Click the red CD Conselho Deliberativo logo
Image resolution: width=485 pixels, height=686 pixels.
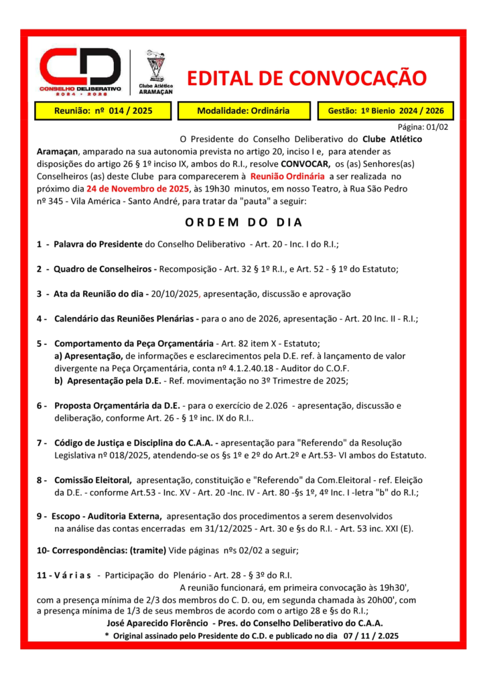pos(80,70)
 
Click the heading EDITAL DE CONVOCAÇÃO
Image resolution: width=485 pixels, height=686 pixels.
pos(306,78)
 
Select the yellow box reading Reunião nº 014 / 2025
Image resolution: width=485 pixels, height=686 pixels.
pos(103,111)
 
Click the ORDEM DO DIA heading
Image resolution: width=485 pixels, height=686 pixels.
pos(242,222)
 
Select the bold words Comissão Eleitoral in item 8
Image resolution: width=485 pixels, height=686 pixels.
pos(92,480)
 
